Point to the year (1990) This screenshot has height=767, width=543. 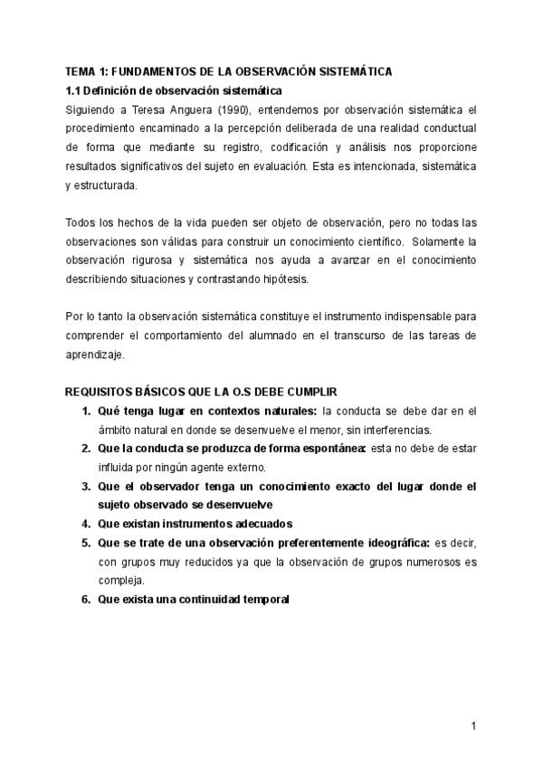pyautogui.click(x=222, y=109)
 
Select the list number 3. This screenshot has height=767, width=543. pyautogui.click(x=86, y=486)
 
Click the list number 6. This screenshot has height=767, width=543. pyautogui.click(x=86, y=599)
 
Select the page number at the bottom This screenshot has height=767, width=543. pyautogui.click(x=473, y=725)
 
